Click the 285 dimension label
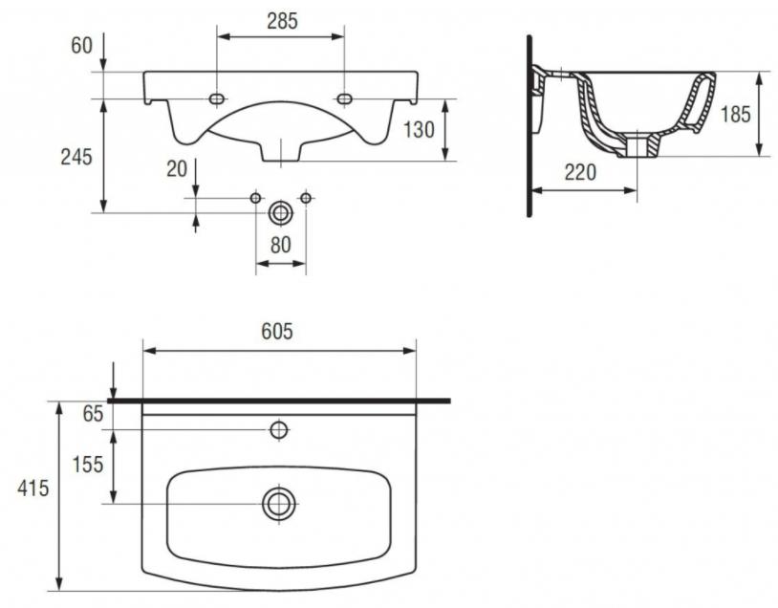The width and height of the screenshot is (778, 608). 282,21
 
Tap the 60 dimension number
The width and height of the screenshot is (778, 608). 82,45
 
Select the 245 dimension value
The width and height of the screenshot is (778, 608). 76,157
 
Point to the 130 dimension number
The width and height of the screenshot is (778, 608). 419,130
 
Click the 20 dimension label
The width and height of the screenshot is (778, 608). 177,169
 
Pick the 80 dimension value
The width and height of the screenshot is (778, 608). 280,245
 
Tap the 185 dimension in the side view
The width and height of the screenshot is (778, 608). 736,114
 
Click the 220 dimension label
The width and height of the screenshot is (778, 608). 580,172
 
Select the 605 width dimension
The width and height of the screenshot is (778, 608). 277,331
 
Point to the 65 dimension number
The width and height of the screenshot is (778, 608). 93,413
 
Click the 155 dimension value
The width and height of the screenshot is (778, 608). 88,465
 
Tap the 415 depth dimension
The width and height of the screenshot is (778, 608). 33,489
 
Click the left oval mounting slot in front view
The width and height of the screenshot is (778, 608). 217,98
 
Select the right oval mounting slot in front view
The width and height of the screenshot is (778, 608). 344,98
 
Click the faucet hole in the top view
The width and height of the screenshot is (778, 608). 279,430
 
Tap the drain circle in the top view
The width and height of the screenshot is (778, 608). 279,504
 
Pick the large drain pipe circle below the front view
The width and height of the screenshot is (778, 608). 280,213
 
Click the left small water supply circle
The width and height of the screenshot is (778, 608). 255,198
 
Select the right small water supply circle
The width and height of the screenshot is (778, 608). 306,198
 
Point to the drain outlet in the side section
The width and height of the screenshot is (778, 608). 638,145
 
